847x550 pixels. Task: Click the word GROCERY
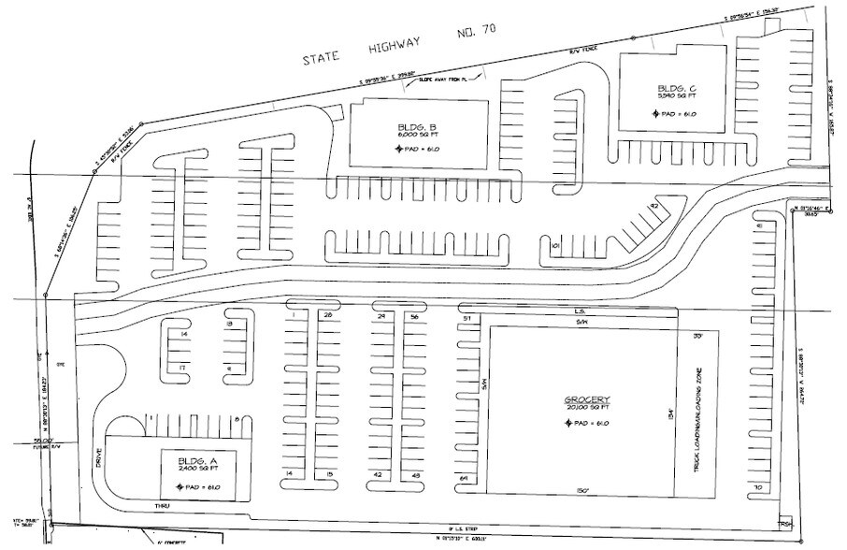pos(586,400)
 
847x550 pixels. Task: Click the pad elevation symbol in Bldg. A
pos(180,487)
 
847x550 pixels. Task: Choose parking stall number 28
pos(327,317)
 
